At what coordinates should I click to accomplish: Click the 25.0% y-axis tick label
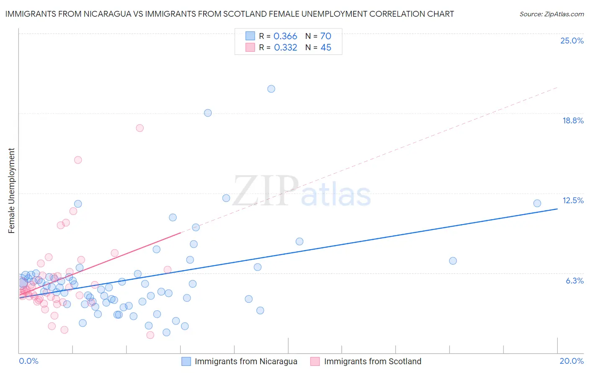[572, 41]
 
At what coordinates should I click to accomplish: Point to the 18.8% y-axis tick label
[573, 120]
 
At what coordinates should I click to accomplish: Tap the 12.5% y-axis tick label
[573, 200]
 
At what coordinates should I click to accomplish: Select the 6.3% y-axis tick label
[574, 281]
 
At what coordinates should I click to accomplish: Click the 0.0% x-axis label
[28, 361]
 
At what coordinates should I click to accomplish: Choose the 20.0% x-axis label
[571, 361]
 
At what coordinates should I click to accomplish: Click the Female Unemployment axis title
[11, 190]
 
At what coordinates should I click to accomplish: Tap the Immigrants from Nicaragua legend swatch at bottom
[186, 361]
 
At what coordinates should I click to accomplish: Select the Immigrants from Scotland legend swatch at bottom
[315, 361]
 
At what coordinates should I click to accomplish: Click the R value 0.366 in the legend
[285, 36]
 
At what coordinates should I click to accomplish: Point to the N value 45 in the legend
[326, 48]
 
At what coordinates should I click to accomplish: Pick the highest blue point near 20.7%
[271, 89]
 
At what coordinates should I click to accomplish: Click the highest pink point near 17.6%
[140, 128]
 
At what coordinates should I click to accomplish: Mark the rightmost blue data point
[537, 203]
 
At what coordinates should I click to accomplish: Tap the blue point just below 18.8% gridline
[208, 113]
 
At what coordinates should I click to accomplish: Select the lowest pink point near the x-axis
[150, 335]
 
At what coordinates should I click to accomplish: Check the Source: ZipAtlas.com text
[551, 14]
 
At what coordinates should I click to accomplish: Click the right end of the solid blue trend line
[557, 209]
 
